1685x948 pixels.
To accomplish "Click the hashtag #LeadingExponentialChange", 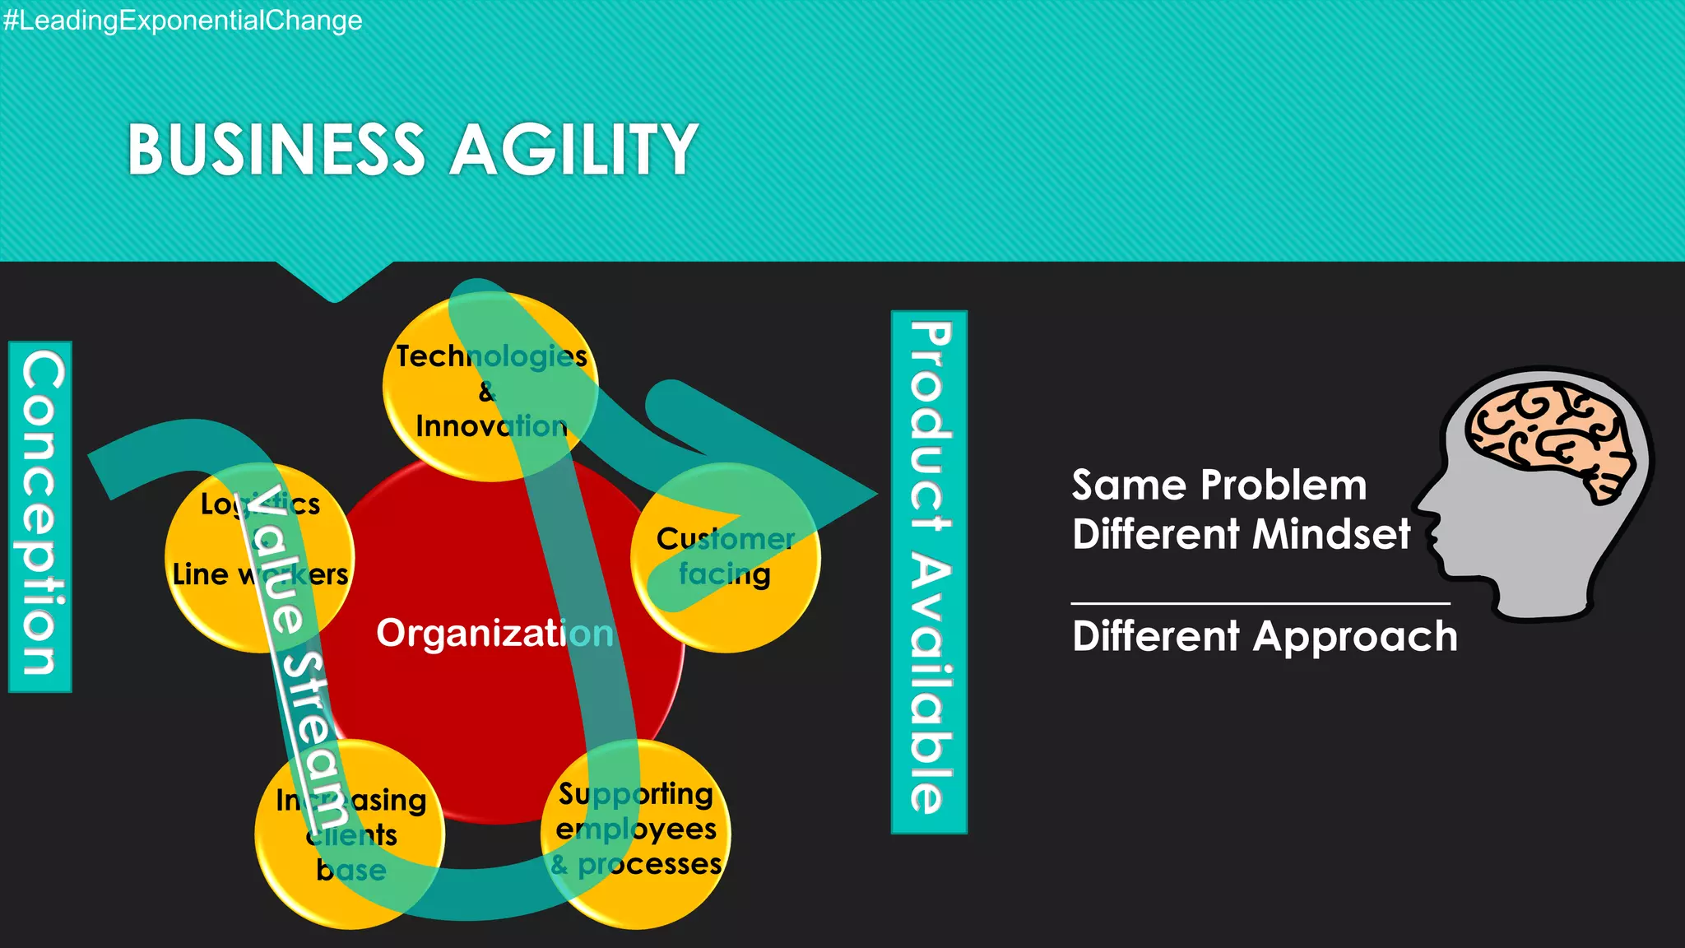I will [x=182, y=20].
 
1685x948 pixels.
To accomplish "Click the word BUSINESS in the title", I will [x=276, y=150].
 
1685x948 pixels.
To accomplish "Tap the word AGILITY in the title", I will [x=574, y=150].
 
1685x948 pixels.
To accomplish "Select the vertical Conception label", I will [x=40, y=516].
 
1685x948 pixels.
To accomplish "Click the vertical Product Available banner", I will [x=929, y=571].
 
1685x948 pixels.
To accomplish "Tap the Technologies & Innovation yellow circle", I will [x=490, y=387].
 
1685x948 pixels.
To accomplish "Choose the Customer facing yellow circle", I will [x=726, y=557].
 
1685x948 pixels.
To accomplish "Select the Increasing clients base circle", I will [x=350, y=834].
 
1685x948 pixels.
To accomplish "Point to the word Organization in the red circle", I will [x=494, y=634].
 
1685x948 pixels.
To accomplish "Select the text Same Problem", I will [x=1218, y=485].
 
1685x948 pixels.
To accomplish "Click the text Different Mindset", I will [x=1241, y=534].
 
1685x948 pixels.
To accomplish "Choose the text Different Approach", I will [x=1265, y=636].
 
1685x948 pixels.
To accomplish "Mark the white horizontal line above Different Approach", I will [x=1260, y=603].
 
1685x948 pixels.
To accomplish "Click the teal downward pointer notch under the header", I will [x=334, y=284].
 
